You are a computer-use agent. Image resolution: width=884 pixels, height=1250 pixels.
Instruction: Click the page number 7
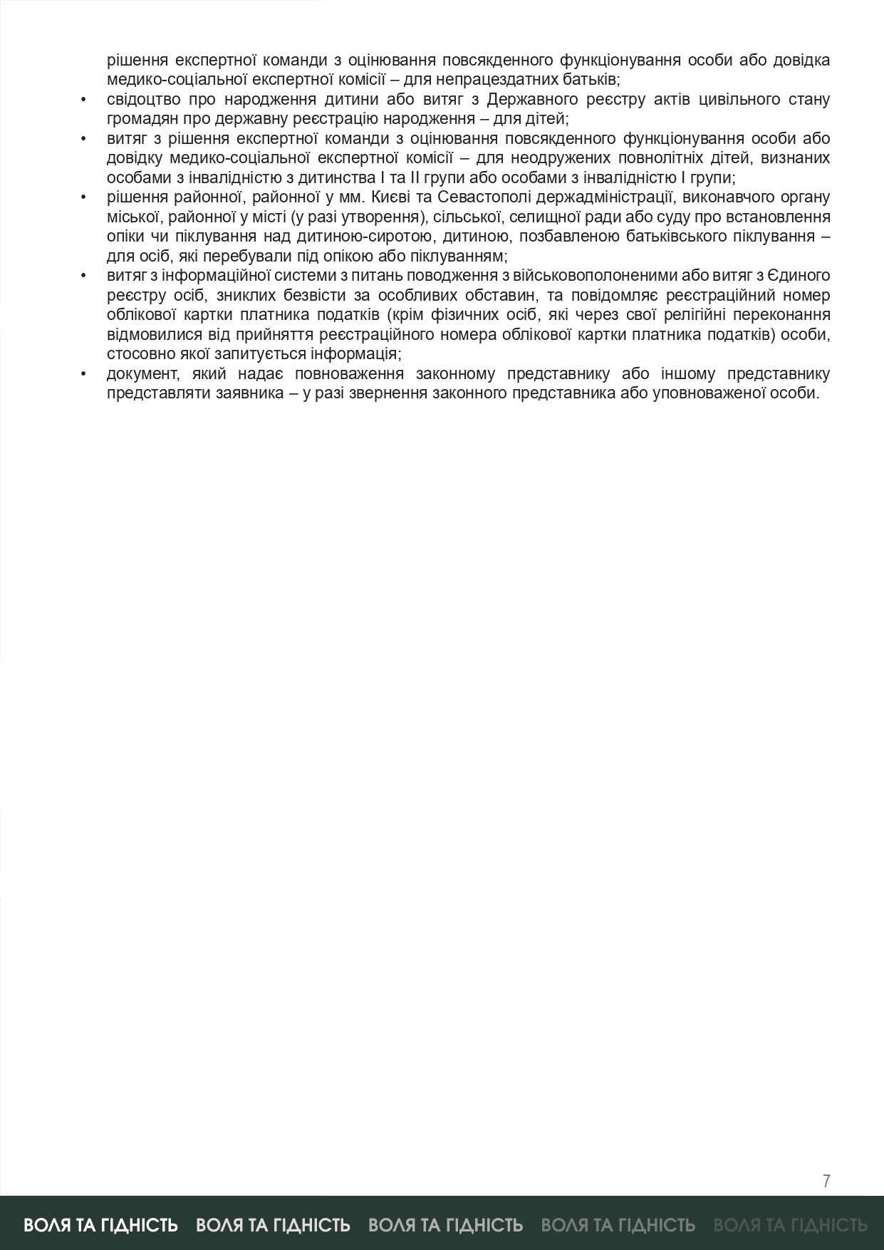tap(826, 1181)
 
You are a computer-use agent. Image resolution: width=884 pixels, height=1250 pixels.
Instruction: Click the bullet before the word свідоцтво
tap(84, 99)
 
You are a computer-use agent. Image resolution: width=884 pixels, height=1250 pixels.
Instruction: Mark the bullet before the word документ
tap(84, 374)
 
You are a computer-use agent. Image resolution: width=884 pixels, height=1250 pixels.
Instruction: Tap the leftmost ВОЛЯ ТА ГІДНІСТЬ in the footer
tap(100, 1224)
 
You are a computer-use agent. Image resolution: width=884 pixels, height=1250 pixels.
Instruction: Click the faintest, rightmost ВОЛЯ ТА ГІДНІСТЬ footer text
tap(790, 1224)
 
